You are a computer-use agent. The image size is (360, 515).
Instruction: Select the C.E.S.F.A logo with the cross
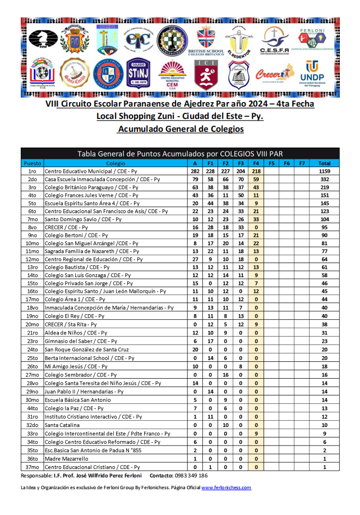click(275, 40)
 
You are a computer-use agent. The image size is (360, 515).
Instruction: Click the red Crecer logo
click(274, 73)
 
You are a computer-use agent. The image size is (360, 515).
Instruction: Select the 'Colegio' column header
click(115, 163)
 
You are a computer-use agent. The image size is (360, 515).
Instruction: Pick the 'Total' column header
click(324, 163)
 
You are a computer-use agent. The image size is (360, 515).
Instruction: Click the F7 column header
click(302, 163)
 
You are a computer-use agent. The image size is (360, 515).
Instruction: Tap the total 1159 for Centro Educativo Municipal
click(324, 171)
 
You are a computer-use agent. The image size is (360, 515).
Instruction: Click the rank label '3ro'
click(32, 187)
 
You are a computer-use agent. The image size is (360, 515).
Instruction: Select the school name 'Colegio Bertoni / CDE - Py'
click(79, 235)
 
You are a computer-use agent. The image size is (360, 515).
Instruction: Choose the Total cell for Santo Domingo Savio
click(324, 219)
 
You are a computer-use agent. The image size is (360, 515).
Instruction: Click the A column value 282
click(195, 171)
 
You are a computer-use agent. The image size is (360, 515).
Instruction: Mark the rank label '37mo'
click(32, 467)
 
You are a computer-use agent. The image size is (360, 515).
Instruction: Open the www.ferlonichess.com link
click(226, 488)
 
